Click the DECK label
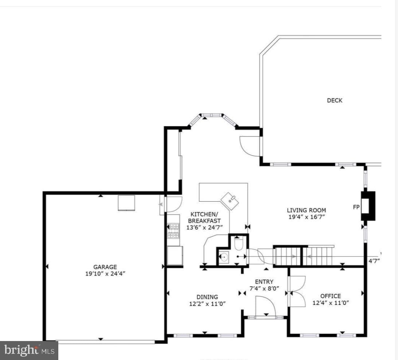[335, 100]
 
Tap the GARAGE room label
[105, 267]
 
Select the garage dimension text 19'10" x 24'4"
[105, 274]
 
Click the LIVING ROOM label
[307, 210]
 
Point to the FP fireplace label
[356, 207]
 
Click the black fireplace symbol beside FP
[368, 206]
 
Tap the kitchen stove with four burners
[173, 231]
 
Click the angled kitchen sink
[230, 201]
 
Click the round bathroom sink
[224, 257]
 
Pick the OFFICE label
[331, 296]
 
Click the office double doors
[297, 291]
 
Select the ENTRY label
[264, 282]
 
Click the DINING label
[207, 297]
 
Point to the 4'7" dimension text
[374, 261]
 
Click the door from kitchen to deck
[250, 146]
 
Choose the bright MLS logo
[29, 351]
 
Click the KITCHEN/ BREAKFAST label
[204, 217]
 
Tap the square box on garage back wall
[126, 203]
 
